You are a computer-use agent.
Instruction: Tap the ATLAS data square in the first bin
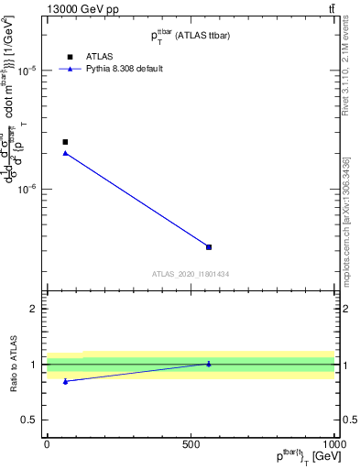65,142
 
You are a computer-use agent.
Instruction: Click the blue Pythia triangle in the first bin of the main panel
65,153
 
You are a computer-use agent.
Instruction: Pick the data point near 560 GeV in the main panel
209,247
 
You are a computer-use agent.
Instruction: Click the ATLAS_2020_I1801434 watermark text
191,274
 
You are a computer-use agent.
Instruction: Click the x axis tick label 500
191,444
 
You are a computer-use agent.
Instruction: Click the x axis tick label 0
47,444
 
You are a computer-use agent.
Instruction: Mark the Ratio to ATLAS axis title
13,365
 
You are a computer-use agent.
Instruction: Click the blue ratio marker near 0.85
65,381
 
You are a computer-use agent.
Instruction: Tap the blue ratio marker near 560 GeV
209,364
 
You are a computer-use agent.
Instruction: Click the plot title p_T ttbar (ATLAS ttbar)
191,36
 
